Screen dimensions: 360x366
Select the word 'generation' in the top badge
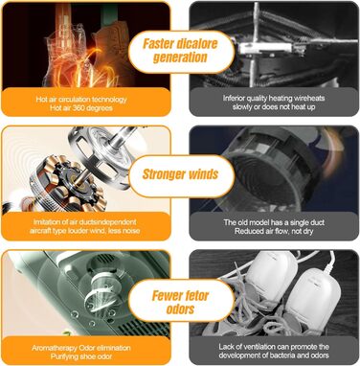[x=180, y=57]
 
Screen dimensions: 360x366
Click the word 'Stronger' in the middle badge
[x=164, y=174]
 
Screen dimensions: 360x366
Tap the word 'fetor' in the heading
[x=195, y=296]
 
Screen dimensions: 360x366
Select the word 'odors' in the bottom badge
[x=180, y=309]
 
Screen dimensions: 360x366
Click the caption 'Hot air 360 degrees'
[x=81, y=108]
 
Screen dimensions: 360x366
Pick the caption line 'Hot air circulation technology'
[x=81, y=100]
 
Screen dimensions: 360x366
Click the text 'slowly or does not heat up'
[x=274, y=107]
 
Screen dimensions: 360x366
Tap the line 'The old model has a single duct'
[x=274, y=222]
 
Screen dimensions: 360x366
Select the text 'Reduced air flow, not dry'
[x=274, y=231]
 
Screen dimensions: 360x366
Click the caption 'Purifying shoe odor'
[x=81, y=356]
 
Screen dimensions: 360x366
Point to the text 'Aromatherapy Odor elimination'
[x=81, y=348]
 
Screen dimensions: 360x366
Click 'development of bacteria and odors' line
[x=274, y=355]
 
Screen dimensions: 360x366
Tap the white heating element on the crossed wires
[x=265, y=48]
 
